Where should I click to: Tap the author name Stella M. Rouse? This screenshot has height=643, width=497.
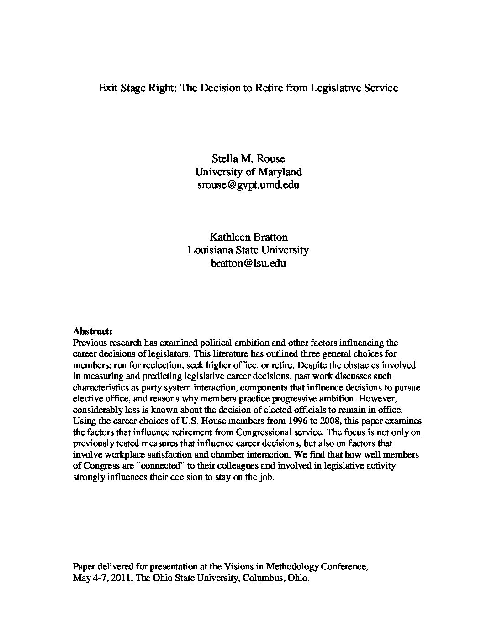tap(248, 158)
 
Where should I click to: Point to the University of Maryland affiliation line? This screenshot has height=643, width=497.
tap(248, 172)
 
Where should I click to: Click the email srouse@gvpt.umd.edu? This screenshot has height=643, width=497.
tap(248, 185)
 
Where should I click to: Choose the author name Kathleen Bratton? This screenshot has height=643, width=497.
tap(248, 237)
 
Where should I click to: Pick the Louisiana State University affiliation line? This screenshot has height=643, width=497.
tap(248, 250)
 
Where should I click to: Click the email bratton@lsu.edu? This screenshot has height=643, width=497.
tap(248, 263)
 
